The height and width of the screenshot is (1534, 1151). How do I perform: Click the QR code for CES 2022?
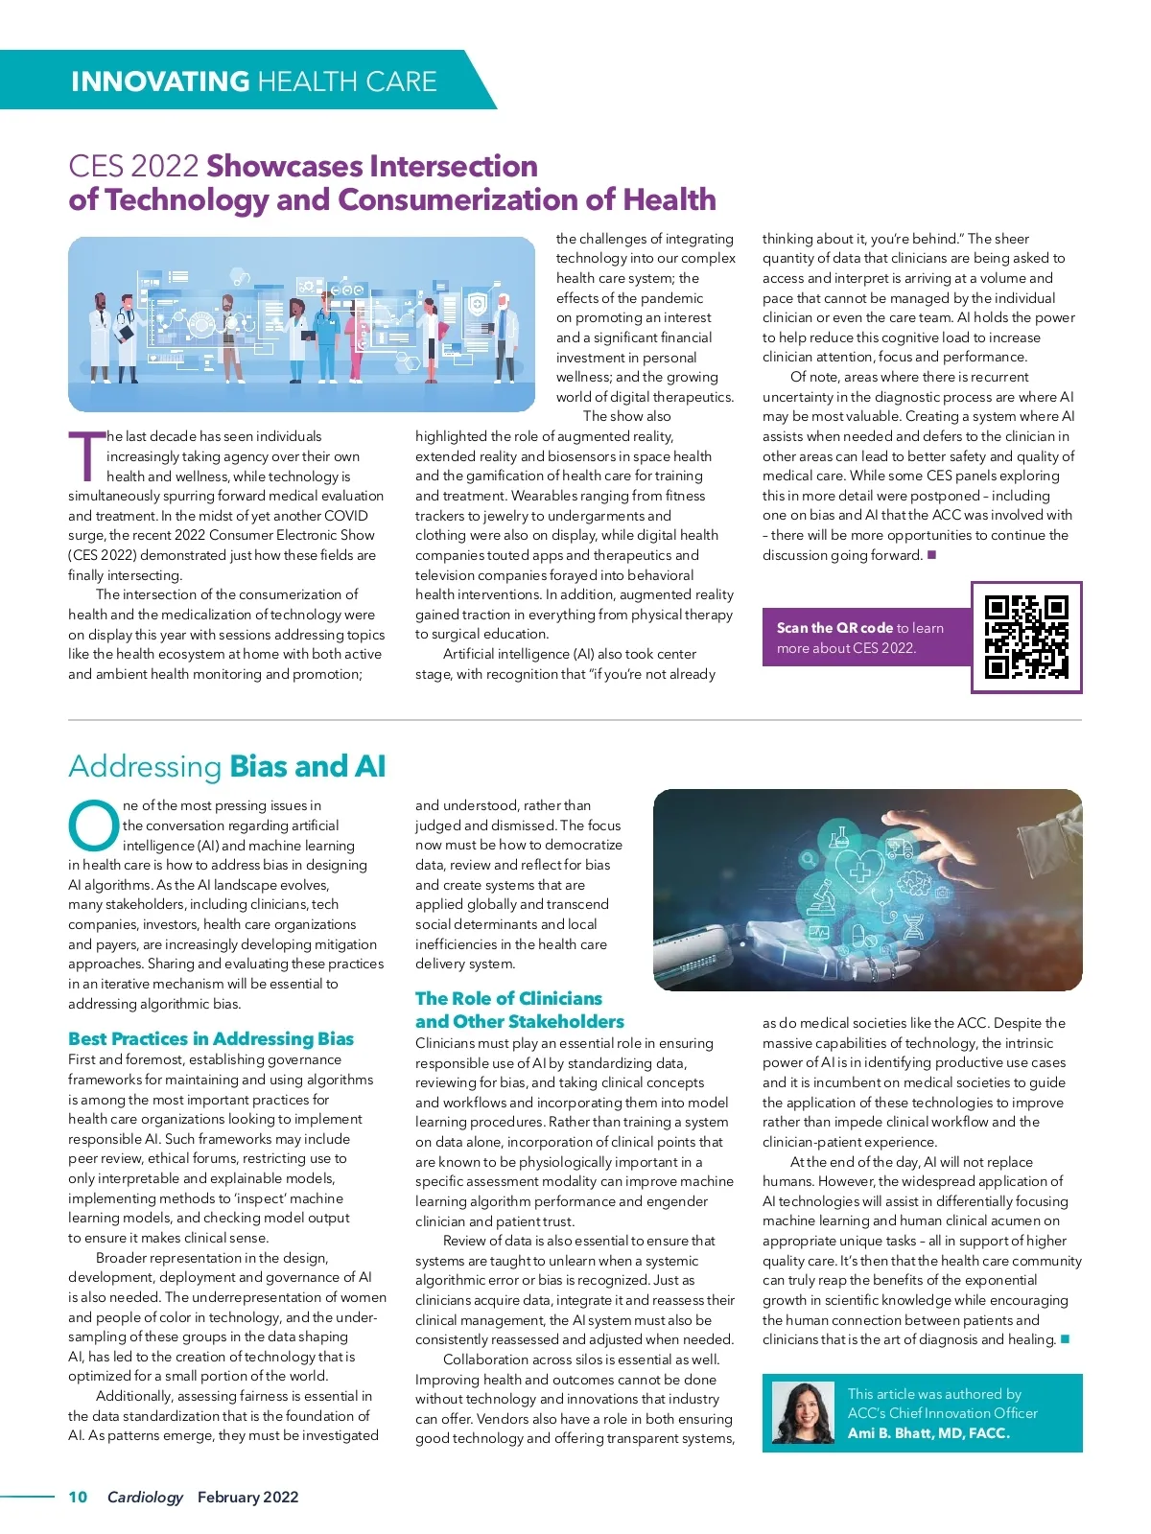pyautogui.click(x=1025, y=637)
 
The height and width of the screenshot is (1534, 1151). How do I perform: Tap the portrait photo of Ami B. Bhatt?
pyautogui.click(x=803, y=1412)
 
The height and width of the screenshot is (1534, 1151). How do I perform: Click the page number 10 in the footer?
pyautogui.click(x=78, y=1497)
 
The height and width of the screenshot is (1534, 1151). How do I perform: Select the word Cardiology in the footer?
pyautogui.click(x=145, y=1497)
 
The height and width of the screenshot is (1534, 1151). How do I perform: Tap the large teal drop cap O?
pyautogui.click(x=93, y=825)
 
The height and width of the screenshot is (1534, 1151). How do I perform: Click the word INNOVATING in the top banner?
pyautogui.click(x=160, y=81)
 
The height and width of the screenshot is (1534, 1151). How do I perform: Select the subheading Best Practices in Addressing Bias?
pyautogui.click(x=211, y=1038)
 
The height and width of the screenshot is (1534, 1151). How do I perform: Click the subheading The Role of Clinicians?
pyautogui.click(x=508, y=998)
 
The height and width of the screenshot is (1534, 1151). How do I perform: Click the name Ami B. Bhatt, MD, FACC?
pyautogui.click(x=928, y=1433)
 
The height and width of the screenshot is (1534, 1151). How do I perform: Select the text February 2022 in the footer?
pyautogui.click(x=247, y=1497)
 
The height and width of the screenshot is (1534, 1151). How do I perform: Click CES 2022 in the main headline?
pyautogui.click(x=133, y=166)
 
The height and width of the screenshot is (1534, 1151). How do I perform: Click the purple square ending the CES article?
pyautogui.click(x=931, y=555)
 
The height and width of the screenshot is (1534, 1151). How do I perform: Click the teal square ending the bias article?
pyautogui.click(x=1065, y=1339)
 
